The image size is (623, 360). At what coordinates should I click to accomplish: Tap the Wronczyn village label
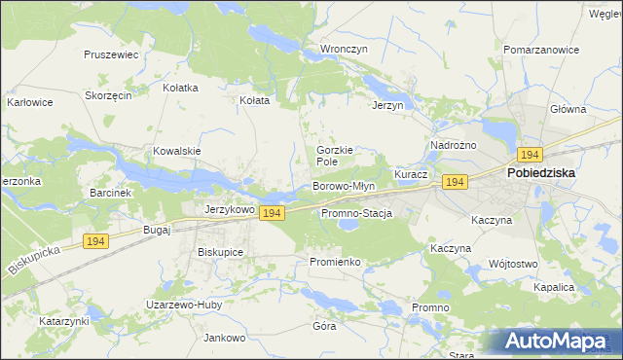343,48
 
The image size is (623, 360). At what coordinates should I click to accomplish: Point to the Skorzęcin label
108,96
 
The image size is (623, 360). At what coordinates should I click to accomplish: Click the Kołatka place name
180,88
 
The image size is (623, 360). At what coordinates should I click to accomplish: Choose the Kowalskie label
176,151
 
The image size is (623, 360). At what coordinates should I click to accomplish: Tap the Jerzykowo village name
230,209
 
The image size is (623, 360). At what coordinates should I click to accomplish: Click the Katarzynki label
64,320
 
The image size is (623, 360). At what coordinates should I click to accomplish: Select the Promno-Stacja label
355,213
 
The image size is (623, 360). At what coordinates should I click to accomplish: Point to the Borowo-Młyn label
343,186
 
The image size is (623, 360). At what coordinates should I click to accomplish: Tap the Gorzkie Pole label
334,156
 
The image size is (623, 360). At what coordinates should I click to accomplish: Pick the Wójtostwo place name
514,264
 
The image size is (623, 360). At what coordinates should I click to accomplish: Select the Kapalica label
554,288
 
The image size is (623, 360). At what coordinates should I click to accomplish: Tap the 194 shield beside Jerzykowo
272,213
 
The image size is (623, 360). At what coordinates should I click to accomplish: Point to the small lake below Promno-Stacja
347,228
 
